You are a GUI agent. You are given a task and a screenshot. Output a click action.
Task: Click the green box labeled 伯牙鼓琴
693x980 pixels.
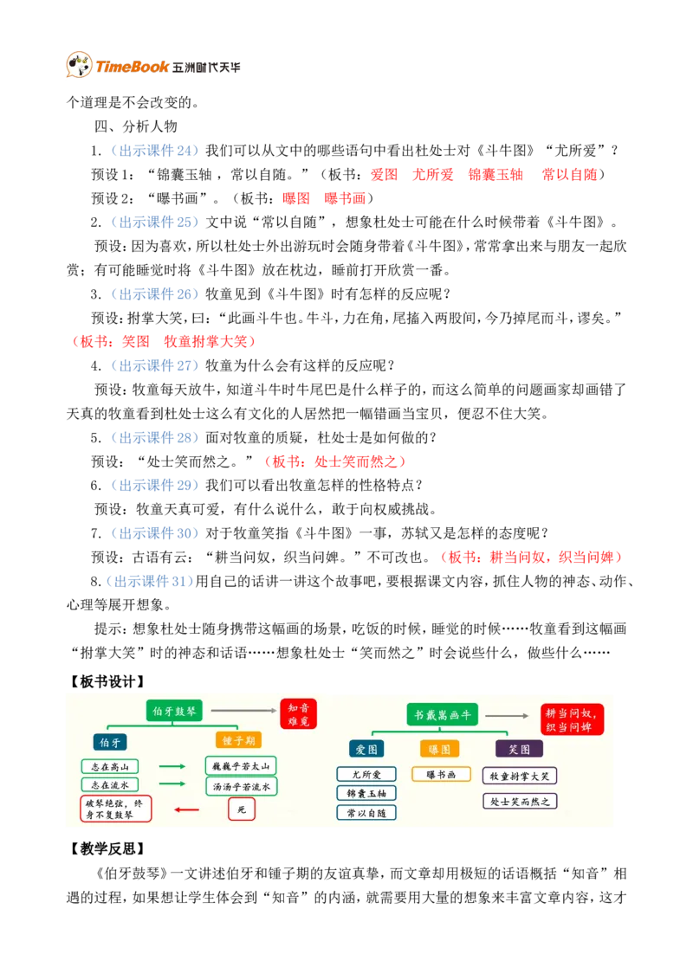174,711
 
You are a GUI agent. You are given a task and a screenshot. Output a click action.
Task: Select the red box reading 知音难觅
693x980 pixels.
298,713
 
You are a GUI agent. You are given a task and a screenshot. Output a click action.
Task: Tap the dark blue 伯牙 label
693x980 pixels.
110,742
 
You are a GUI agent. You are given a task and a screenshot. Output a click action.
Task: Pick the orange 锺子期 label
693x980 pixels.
238,741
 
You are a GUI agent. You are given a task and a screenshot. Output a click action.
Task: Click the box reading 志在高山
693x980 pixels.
109,766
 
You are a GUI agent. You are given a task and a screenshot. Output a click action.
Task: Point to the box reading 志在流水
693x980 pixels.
109,784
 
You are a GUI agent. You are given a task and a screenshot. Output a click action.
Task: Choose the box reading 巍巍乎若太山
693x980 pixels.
241,766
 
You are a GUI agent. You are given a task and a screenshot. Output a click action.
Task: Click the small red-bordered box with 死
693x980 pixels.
242,809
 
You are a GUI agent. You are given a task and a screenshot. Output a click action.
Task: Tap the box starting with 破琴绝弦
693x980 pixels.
115,809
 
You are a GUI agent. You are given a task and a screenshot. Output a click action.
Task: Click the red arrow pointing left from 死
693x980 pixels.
186,810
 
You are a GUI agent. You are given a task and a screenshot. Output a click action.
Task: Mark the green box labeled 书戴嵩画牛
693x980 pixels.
442,714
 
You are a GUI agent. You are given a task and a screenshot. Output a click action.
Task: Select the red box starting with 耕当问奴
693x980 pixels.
572,719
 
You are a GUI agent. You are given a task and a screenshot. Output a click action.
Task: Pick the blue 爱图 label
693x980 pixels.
366,749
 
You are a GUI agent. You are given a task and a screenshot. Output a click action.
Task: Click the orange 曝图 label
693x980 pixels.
439,749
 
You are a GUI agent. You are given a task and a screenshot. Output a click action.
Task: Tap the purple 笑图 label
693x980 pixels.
519,749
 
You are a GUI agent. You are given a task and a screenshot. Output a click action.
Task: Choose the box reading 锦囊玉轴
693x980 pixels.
366,793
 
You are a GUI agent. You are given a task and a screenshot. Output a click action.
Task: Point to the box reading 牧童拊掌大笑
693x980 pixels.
520,776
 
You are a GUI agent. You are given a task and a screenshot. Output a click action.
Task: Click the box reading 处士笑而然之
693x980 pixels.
520,802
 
